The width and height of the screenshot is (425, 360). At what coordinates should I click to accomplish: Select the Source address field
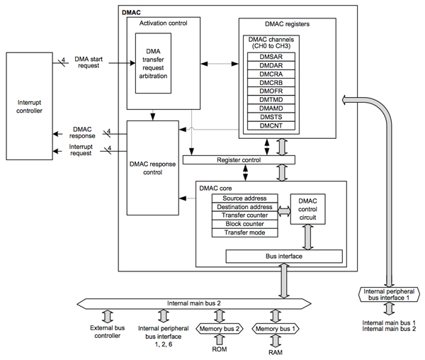pos(244,198)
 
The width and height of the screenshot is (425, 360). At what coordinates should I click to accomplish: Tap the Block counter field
pos(244,224)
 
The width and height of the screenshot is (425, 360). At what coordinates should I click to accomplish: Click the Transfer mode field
pos(244,232)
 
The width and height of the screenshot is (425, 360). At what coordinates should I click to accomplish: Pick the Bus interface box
pos(283,256)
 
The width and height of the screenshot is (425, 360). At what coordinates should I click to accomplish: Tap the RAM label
pos(274,351)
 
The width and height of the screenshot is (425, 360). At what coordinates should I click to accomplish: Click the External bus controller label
pos(107,332)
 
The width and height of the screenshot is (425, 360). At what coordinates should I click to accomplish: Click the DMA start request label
pos(90,62)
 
